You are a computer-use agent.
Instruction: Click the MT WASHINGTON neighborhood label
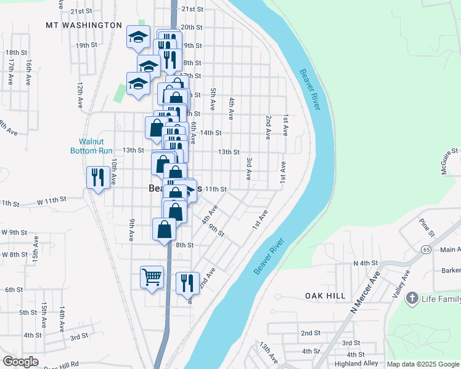84,25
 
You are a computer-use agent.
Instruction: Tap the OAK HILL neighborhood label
325,296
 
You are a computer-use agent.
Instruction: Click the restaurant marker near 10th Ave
97,177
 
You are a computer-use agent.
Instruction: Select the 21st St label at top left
81,11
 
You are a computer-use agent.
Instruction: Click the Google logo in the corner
20,362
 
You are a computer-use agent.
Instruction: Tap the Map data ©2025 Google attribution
423,364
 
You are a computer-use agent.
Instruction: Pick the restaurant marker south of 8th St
187,282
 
